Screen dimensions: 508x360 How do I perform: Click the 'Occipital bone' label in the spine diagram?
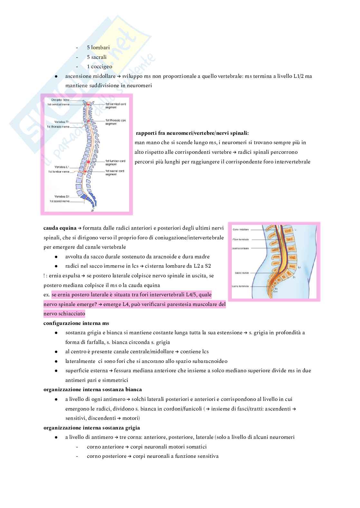point(61,100)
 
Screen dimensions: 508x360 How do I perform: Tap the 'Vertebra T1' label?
point(62,122)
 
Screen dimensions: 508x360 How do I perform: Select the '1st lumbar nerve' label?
point(59,172)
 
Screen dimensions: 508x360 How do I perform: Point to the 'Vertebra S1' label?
point(62,197)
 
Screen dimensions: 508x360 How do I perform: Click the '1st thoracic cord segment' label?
point(116,122)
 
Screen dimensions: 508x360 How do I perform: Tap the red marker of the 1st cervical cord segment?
point(88,105)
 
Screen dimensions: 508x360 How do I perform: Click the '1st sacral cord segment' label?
point(115,173)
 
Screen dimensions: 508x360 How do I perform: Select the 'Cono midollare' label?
point(241,230)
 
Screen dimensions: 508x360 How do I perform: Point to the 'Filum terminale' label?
point(241,240)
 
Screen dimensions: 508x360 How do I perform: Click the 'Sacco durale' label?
point(242,273)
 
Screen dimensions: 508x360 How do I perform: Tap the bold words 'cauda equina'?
point(60,228)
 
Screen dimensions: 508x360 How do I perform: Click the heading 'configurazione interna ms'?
point(76,323)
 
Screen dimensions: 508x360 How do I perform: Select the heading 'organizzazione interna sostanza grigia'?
point(92,428)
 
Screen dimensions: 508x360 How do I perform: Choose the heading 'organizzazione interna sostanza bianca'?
point(93,390)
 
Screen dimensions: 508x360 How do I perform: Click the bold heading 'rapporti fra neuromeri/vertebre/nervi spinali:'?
point(192,133)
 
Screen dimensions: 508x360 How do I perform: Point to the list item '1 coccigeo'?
point(99,67)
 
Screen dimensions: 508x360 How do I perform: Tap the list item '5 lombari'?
point(98,48)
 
